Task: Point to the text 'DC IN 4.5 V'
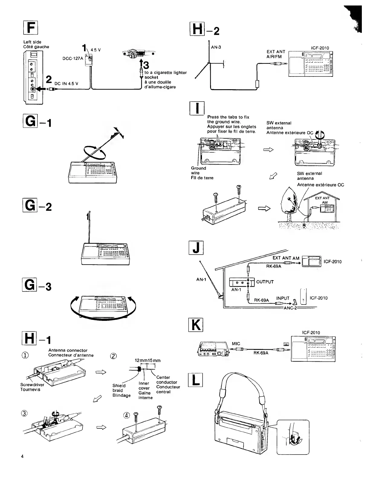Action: [67, 83]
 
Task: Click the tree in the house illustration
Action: [289, 203]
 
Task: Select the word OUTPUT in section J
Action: [265, 282]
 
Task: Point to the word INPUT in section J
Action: [283, 298]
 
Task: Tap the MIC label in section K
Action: [236, 344]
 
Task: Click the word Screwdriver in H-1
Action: [32, 385]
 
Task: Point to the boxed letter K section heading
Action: [195, 325]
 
